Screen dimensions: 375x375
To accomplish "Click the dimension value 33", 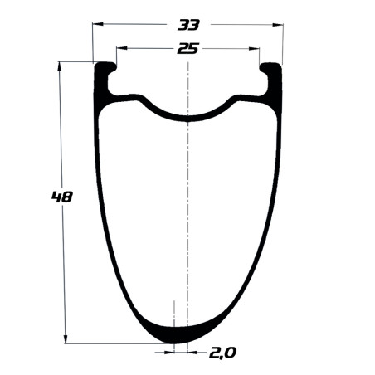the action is [x=188, y=25].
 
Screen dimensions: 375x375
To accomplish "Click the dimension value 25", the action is [x=187, y=49].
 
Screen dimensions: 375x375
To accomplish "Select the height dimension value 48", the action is [x=62, y=197].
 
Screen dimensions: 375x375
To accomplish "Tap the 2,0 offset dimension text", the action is [x=222, y=353].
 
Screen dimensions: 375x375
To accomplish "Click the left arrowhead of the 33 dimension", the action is [x=98, y=24].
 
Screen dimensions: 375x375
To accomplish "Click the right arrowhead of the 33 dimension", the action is [x=278, y=25].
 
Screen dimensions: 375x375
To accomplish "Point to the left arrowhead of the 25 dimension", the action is [x=122, y=48].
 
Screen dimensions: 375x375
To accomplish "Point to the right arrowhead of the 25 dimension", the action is [x=254, y=49].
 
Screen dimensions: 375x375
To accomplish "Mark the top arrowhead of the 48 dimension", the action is [x=59, y=67].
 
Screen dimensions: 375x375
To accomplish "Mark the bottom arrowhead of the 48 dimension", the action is [x=66, y=338].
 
